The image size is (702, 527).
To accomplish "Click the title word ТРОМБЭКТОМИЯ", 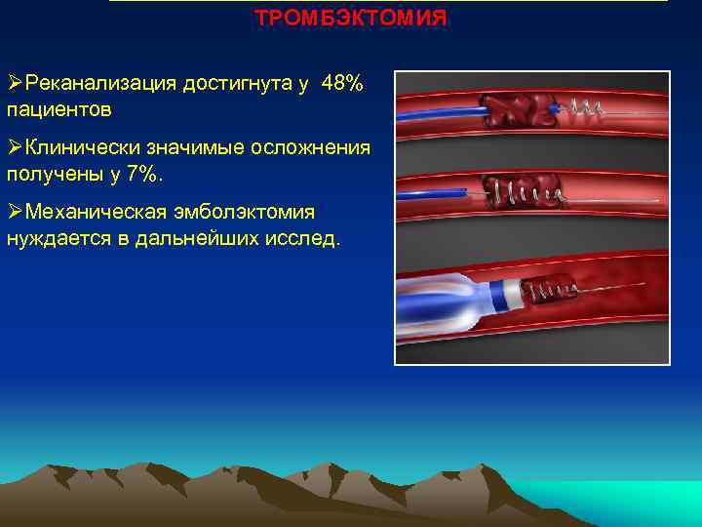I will pos(351,19).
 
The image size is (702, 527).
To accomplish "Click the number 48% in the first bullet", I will pos(341,84).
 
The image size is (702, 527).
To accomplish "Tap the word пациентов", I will pos(58,107).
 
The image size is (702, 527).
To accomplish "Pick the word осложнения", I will pos(309,148).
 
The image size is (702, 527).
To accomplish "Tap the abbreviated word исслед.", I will pos(306,237).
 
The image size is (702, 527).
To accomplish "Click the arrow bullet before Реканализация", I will pos(15,84).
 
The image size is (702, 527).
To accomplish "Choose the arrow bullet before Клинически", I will pos(15,148).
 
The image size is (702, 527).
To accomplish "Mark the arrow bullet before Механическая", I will pos(15,213).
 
